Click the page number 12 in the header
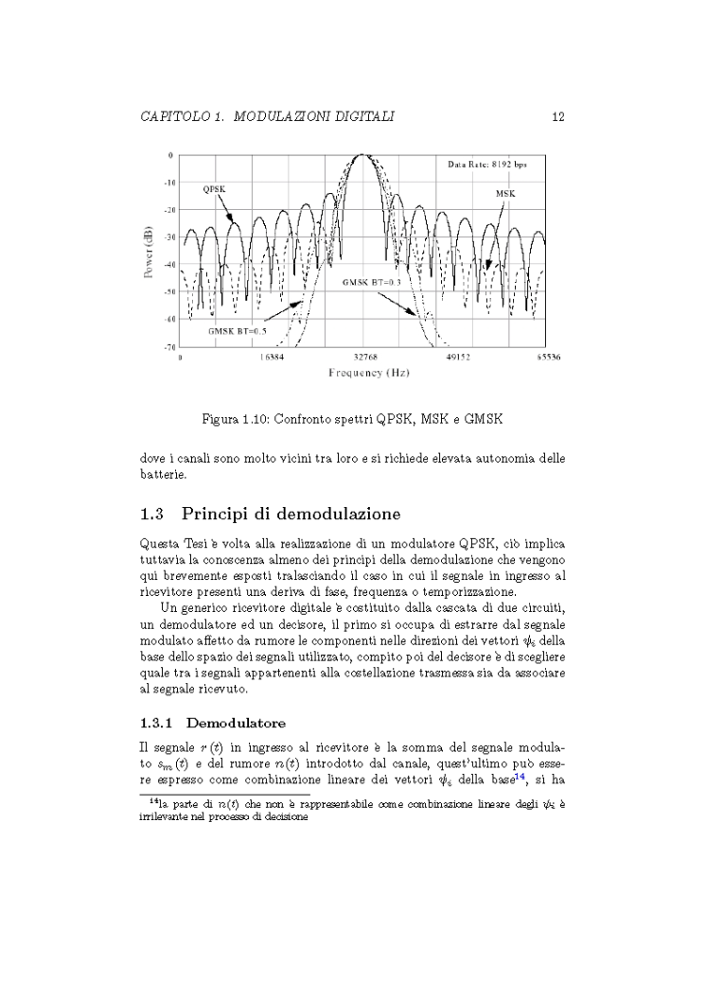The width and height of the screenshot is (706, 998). click(557, 116)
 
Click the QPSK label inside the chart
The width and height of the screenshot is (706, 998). click(213, 190)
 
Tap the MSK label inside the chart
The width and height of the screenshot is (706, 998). click(505, 193)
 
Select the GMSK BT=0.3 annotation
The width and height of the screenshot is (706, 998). click(372, 282)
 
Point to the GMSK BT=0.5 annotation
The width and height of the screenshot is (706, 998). click(238, 331)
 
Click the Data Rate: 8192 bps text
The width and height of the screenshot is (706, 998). click(487, 165)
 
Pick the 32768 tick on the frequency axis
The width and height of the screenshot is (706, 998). click(365, 359)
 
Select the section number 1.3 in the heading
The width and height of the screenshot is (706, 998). click(152, 515)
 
